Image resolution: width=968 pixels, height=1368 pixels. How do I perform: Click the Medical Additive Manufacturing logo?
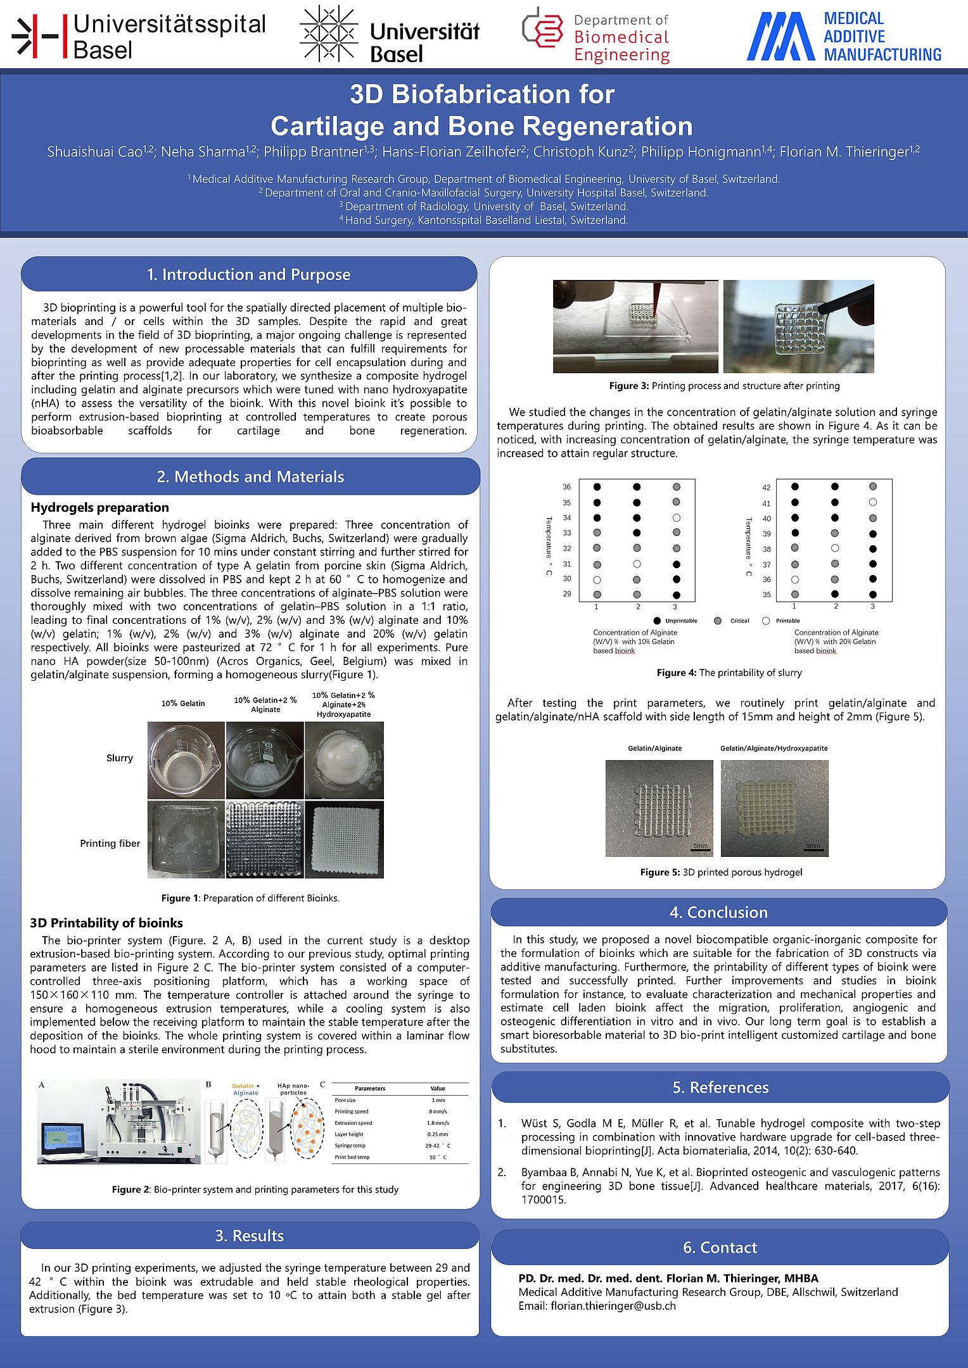[843, 36]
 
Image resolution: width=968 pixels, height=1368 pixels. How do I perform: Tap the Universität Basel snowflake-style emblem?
[328, 34]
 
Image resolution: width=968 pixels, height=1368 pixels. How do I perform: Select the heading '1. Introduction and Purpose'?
[248, 274]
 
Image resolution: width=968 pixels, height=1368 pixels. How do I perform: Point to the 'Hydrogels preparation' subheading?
[99, 507]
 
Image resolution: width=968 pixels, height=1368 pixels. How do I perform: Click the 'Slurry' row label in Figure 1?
[119, 758]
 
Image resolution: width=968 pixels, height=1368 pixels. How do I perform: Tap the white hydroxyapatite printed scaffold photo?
[344, 840]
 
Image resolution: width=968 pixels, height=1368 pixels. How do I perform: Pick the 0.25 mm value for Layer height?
[437, 1134]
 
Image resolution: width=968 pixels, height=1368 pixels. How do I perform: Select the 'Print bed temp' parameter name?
[352, 1157]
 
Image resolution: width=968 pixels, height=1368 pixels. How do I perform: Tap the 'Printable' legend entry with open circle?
[781, 621]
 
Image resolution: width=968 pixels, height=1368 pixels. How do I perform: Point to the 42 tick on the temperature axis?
[767, 488]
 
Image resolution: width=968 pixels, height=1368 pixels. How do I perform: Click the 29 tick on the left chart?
[567, 594]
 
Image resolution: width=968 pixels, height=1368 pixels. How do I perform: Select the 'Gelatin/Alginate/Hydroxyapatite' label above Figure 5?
[774, 748]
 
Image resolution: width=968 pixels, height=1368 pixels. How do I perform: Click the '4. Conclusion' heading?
[718, 912]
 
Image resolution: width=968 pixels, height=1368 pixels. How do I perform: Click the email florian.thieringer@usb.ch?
[613, 1306]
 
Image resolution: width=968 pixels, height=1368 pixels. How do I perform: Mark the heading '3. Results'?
[249, 1236]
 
